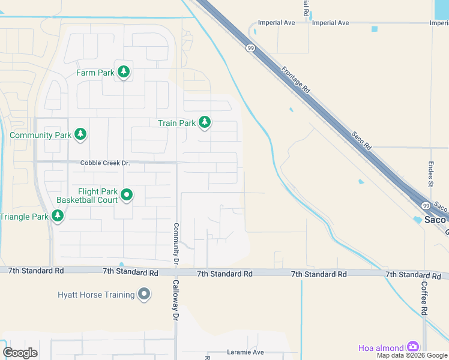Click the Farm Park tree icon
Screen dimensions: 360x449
(124, 73)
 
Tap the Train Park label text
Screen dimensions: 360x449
(176, 123)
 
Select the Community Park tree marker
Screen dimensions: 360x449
(81, 135)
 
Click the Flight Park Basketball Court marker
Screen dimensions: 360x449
(127, 195)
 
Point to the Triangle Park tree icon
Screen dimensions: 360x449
(58, 216)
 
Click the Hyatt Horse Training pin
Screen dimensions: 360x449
(143, 295)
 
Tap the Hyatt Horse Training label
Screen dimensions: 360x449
(96, 295)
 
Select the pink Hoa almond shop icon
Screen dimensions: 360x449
(412, 347)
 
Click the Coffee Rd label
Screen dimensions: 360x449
(424, 298)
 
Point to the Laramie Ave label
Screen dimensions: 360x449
(246, 352)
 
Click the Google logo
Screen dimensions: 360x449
(20, 353)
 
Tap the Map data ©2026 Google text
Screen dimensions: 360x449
(412, 355)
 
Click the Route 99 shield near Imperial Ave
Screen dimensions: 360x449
(249, 48)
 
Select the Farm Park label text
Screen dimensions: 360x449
(95, 73)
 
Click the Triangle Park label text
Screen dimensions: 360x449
(24, 216)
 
